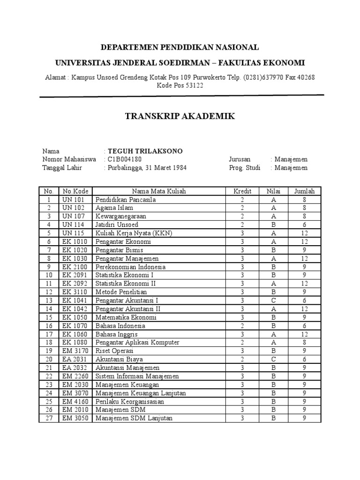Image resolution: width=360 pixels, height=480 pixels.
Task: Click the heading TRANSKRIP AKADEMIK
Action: tap(180, 116)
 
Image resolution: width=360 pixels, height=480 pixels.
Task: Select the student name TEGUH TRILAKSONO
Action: tap(145, 151)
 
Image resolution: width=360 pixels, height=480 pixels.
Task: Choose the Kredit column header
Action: tap(242, 191)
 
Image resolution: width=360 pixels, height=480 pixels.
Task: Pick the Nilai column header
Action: tap(273, 191)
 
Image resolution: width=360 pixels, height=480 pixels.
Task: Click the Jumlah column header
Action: tap(304, 191)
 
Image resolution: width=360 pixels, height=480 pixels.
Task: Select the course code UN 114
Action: tap(72, 225)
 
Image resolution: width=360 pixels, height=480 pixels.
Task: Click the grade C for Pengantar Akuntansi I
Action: tap(273, 300)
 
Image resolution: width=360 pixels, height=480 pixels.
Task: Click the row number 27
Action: tap(48, 418)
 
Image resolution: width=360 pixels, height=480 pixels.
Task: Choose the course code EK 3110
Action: tap(74, 292)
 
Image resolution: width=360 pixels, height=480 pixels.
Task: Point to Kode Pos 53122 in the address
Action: tap(180, 86)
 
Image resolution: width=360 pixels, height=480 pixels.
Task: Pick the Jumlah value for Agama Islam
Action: tap(304, 208)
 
